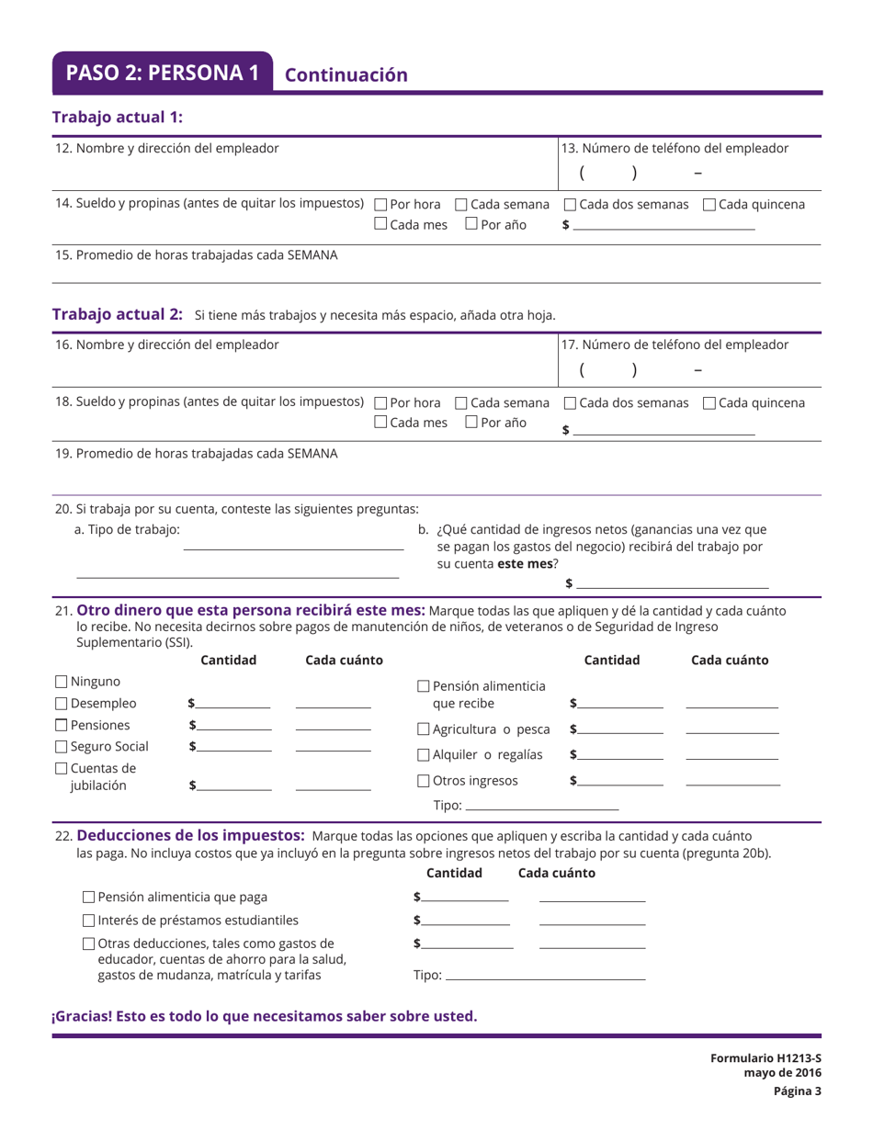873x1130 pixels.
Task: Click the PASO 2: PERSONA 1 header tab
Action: tap(163, 73)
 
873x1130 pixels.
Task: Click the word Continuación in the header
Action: tap(346, 75)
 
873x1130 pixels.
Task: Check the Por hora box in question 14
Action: tap(382, 204)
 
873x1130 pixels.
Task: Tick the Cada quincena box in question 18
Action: tap(709, 403)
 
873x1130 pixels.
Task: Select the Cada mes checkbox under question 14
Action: tap(382, 224)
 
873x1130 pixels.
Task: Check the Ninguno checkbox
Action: tap(61, 683)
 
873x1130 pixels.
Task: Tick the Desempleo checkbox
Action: tap(61, 705)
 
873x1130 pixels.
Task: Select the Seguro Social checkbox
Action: tap(61, 746)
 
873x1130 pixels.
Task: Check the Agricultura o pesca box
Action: tap(424, 730)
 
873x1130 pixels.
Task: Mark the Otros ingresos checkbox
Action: tap(424, 781)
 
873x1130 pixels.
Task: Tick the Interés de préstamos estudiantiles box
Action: tap(88, 920)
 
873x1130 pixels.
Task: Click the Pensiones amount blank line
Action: tap(234, 729)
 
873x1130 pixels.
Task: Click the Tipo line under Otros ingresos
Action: tap(542, 808)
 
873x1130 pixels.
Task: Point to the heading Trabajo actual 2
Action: tap(118, 314)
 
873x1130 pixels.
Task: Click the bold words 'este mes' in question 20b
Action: tap(521, 564)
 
